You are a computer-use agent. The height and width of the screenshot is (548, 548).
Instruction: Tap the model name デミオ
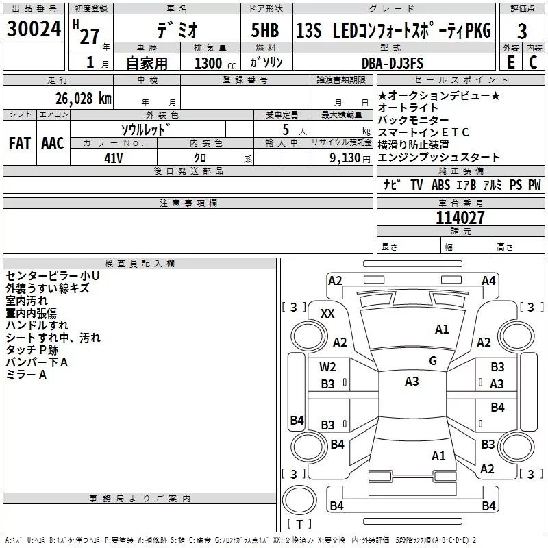pos(176,29)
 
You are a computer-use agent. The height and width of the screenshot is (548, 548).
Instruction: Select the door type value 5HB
pos(265,30)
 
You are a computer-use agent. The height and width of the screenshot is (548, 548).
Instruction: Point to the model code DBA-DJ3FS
pos(393,63)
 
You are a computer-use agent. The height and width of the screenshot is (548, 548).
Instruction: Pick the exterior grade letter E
pos(510,63)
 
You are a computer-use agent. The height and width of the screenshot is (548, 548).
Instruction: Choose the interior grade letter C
pos(533,63)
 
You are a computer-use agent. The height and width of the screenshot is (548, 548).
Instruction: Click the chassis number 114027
pos(460,218)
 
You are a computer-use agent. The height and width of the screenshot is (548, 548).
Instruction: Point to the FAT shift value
pos(19,143)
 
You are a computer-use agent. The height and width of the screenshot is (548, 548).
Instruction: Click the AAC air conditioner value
pos(53,143)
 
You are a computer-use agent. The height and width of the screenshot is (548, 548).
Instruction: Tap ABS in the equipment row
pos(440,185)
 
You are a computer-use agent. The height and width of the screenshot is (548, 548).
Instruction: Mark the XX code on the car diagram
pos(328,313)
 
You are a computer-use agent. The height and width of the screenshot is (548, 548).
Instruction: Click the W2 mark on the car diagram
pos(328,367)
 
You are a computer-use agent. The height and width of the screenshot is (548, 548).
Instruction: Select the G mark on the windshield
pos(433,361)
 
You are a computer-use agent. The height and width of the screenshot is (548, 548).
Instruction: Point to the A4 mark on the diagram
pos(488,281)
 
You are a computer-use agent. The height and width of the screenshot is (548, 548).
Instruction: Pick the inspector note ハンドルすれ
pos(37,325)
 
